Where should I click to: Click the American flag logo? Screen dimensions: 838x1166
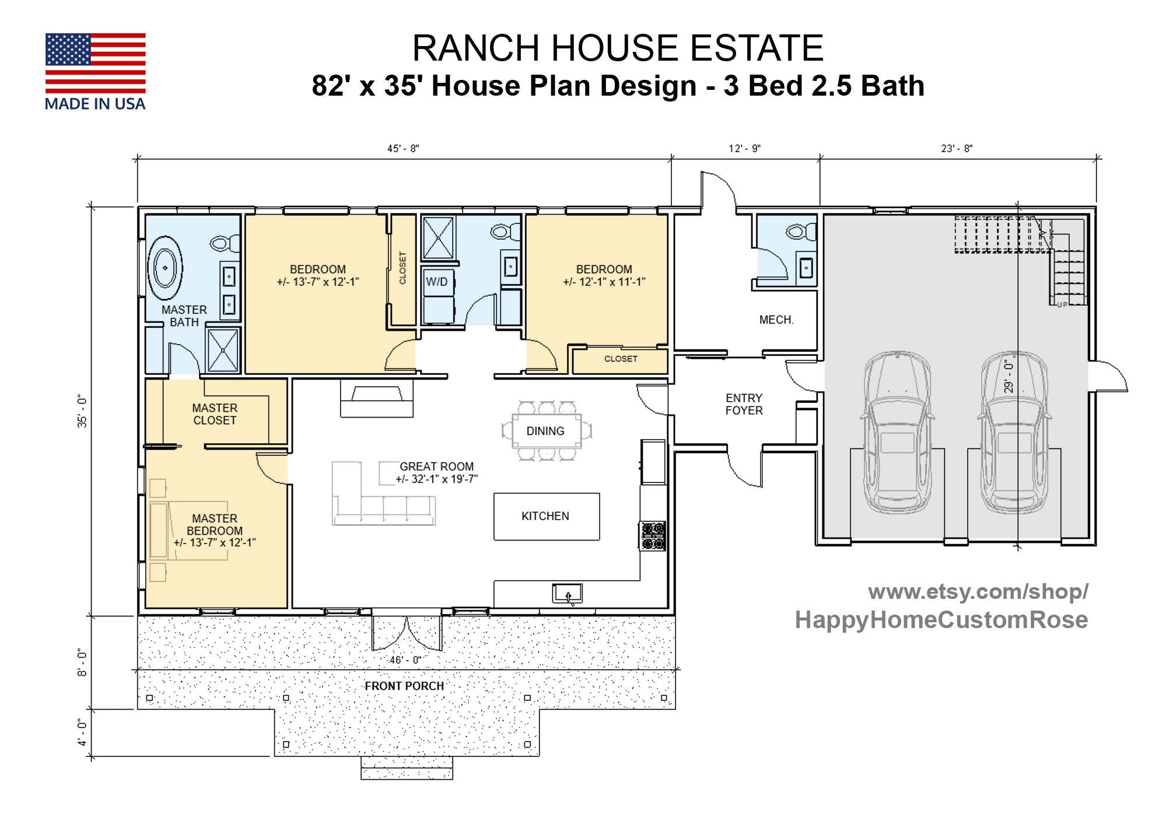[x=95, y=63]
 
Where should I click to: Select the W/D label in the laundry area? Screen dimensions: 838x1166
[x=436, y=282]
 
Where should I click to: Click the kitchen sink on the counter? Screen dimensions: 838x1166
[x=567, y=593]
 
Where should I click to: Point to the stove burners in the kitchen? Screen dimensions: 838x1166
[x=653, y=536]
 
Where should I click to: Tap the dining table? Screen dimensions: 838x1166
[x=546, y=431]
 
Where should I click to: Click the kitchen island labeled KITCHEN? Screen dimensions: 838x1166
[x=546, y=516]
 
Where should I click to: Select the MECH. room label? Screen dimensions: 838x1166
[x=776, y=320]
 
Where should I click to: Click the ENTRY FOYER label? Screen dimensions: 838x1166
[x=744, y=404]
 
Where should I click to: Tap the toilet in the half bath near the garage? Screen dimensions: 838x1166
[x=800, y=232]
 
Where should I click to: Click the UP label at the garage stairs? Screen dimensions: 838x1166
[x=1062, y=304]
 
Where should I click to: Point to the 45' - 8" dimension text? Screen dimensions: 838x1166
[x=403, y=149]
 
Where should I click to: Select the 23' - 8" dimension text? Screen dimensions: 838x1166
[x=957, y=149]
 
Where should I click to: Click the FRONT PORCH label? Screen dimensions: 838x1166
[x=404, y=686]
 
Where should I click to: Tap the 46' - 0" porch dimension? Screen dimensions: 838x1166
[x=405, y=660]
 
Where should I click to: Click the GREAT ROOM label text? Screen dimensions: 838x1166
[x=436, y=467]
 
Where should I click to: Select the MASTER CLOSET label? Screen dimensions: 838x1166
[x=215, y=414]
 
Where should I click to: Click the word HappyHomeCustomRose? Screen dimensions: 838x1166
[x=941, y=619]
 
